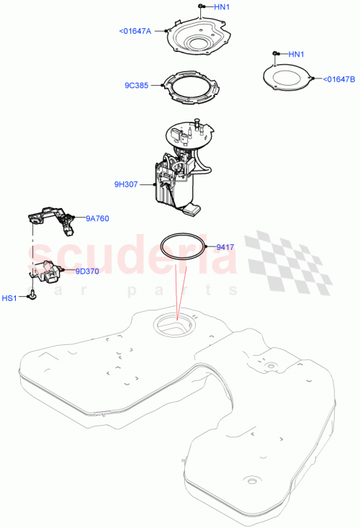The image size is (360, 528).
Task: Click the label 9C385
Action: click(x=136, y=85)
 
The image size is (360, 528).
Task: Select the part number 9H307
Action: click(x=126, y=184)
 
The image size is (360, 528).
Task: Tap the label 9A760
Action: click(x=98, y=218)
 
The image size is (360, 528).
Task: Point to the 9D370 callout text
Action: click(x=87, y=272)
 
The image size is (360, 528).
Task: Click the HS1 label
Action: click(x=11, y=297)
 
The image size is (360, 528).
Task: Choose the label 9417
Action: click(x=226, y=247)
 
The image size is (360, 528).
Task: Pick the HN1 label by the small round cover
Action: click(x=297, y=54)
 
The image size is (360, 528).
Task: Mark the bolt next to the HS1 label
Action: click(x=32, y=295)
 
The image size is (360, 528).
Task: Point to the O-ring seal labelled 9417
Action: click(x=180, y=248)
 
